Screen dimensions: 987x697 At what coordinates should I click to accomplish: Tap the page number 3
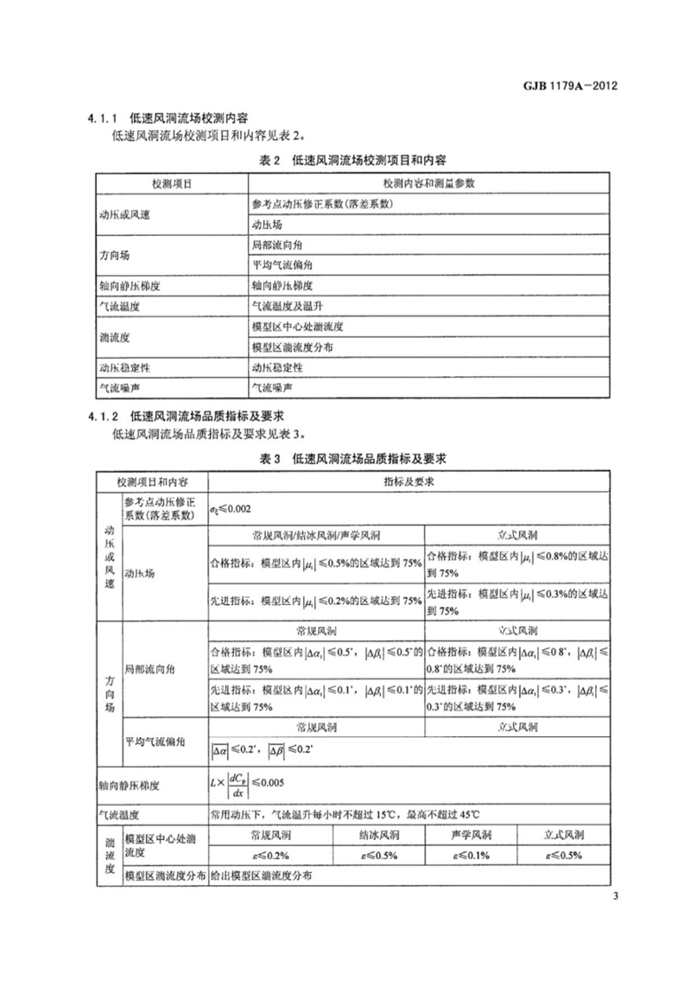[614, 894]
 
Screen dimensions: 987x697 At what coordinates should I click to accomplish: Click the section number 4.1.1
[102, 118]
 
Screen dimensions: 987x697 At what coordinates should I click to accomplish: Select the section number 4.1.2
[102, 416]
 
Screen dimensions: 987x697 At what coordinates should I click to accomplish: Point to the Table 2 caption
[352, 161]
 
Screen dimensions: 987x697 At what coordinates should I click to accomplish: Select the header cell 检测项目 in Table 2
[171, 184]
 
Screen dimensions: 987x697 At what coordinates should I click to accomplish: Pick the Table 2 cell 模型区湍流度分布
[292, 347]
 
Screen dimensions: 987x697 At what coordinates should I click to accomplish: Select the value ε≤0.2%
[268, 855]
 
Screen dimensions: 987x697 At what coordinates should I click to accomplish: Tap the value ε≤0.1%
[472, 855]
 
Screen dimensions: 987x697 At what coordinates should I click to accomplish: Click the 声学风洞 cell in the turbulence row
[472, 835]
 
